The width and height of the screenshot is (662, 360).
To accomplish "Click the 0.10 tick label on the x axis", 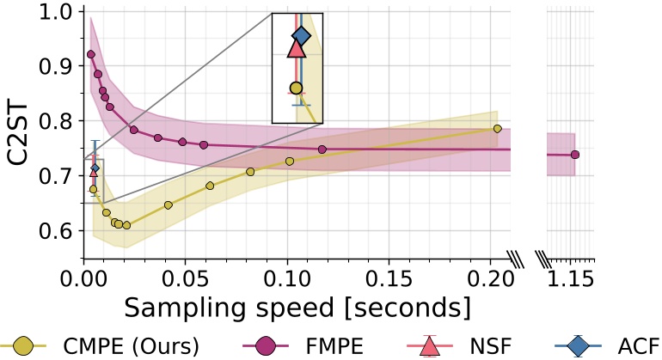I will pyautogui.click(x=287, y=279).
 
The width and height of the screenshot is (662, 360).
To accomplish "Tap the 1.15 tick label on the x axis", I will pyautogui.click(x=571, y=279).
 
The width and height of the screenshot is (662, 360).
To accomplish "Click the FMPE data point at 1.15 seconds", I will pyautogui.click(x=575, y=155).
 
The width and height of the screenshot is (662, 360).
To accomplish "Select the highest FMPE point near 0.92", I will pyautogui.click(x=91, y=54).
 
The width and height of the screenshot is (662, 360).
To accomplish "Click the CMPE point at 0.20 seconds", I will pyautogui.click(x=497, y=129).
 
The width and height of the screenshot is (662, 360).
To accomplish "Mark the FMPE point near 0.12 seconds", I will pyautogui.click(x=322, y=149).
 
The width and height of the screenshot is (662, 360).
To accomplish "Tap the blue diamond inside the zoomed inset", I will pyautogui.click(x=301, y=35).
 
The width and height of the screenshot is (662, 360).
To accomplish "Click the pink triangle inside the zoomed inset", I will pyautogui.click(x=297, y=48).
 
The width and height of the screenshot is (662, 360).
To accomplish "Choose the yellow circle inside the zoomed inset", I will pyautogui.click(x=297, y=88).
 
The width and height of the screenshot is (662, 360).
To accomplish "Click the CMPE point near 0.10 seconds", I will pyautogui.click(x=290, y=162).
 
